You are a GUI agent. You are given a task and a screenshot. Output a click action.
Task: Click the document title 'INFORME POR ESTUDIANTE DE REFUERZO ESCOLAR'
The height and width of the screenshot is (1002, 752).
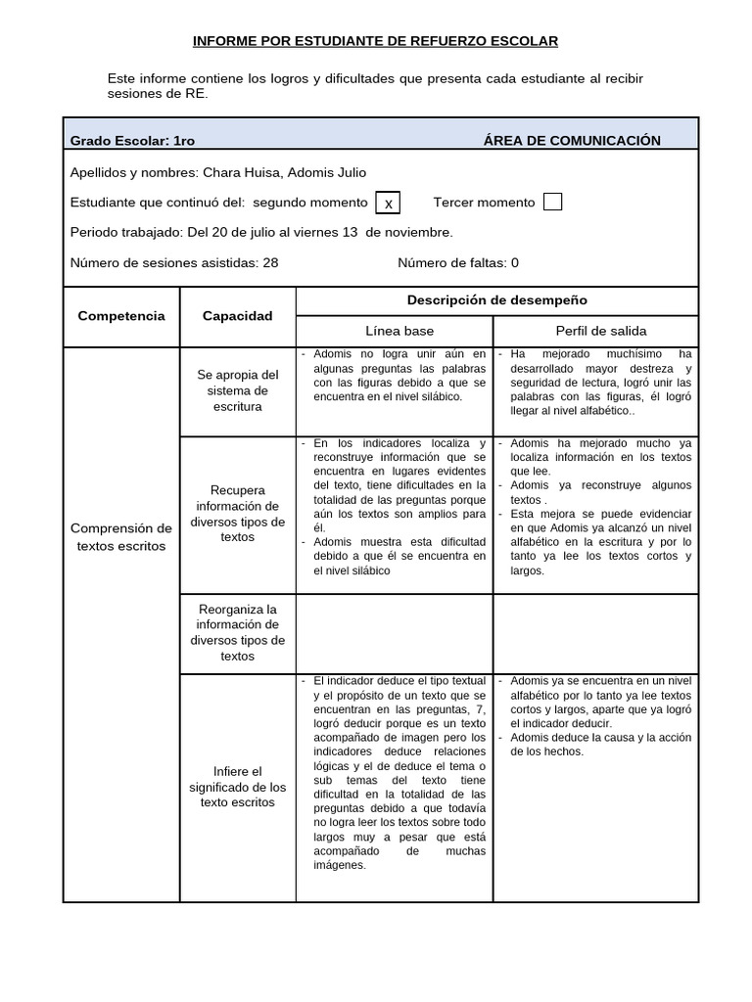click(375, 41)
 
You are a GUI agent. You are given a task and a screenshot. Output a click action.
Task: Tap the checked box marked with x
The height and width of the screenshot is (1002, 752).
click(389, 203)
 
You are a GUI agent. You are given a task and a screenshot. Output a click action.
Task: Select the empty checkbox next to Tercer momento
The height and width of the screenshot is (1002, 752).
click(552, 202)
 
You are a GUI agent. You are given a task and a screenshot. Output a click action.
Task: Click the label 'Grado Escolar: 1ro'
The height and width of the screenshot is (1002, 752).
click(132, 141)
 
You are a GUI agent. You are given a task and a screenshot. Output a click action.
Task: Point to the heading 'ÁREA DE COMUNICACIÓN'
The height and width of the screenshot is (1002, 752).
click(572, 141)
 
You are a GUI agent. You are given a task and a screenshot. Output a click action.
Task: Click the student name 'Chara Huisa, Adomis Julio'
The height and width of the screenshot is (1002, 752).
click(284, 172)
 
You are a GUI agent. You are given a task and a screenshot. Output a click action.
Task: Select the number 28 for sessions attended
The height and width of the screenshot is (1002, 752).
click(270, 262)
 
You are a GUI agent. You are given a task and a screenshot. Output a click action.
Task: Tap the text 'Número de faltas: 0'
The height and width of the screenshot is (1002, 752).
click(457, 262)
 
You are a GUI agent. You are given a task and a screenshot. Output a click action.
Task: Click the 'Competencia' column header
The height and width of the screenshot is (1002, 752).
click(121, 316)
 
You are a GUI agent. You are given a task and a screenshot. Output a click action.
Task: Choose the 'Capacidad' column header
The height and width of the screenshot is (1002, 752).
click(237, 316)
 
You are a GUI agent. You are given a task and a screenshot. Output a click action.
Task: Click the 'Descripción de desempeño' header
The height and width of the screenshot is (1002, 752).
click(496, 300)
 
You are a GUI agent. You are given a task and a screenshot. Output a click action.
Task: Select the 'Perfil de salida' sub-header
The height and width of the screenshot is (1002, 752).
click(600, 331)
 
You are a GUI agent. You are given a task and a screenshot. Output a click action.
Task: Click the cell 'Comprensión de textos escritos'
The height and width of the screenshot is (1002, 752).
click(121, 537)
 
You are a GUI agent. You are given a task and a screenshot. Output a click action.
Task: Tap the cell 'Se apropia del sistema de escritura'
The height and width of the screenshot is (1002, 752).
click(237, 390)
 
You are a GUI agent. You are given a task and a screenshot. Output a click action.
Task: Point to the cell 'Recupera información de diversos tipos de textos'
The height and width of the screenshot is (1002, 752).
click(237, 514)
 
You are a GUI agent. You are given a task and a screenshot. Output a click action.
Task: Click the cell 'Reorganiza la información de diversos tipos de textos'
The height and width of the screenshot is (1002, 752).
click(237, 633)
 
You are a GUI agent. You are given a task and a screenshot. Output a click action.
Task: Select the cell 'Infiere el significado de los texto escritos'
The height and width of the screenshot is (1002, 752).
click(237, 787)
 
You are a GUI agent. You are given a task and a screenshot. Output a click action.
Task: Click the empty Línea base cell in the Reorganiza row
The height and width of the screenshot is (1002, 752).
click(394, 633)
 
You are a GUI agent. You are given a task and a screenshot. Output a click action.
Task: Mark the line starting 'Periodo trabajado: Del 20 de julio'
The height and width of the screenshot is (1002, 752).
click(261, 232)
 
